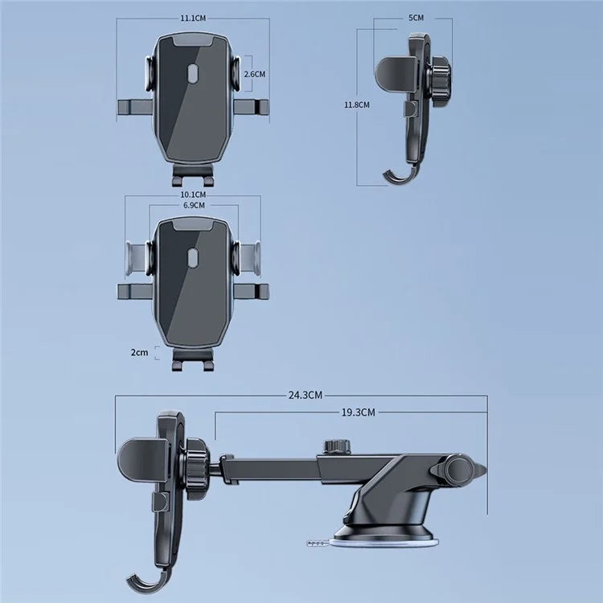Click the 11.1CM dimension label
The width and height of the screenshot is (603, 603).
coord(193,16)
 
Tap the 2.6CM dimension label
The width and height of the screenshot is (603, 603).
coord(254,73)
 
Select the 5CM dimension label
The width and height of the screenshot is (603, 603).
coord(416,17)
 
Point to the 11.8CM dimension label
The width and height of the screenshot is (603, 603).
coord(357,105)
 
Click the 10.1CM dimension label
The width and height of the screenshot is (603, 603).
coord(193,195)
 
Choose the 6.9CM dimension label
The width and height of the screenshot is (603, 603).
coord(194,206)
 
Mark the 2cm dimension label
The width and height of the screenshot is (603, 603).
coord(139,352)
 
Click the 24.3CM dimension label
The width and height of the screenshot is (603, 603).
coord(306,395)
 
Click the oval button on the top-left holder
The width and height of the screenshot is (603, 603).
coord(192,76)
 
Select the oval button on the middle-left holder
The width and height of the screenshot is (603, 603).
coord(192,258)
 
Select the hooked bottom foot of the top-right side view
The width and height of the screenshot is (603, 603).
coord(396,174)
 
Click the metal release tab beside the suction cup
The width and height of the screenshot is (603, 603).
coord(318,544)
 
